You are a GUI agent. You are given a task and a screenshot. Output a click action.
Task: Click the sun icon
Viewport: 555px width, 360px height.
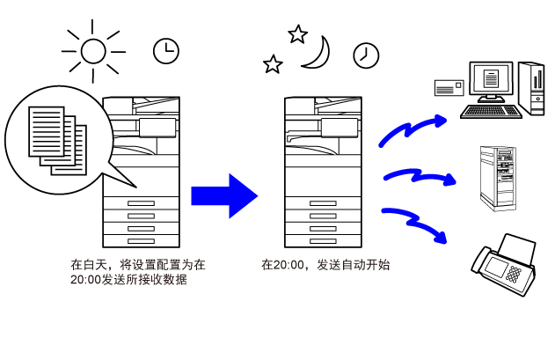click(93, 51)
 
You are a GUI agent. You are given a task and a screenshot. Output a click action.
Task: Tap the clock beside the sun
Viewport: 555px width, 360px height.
click(166, 51)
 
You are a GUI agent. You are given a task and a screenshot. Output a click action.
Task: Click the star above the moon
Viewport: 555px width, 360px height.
click(297, 34)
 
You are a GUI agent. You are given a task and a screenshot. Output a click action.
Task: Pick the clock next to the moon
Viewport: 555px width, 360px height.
click(366, 55)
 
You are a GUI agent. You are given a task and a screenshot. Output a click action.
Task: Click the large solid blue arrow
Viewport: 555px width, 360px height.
click(224, 196)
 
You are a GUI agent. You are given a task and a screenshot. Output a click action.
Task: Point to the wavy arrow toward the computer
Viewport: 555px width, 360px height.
click(413, 129)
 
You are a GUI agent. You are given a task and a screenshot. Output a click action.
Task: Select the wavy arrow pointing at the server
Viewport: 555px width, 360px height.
click(420, 176)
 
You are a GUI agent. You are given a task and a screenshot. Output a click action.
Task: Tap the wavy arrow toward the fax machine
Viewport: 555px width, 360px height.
click(414, 224)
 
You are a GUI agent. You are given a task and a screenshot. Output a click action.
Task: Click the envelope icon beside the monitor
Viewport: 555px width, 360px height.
click(449, 87)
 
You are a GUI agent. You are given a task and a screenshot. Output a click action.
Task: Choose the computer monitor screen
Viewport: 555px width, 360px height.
click(491, 78)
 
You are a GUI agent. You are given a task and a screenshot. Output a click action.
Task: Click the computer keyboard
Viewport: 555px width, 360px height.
click(491, 111)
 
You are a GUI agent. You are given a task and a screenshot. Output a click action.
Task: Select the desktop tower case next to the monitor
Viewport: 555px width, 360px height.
click(531, 89)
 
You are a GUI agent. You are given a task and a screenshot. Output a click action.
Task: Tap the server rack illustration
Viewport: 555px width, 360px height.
click(498, 178)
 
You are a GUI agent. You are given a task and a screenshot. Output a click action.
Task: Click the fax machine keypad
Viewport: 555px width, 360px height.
click(514, 275)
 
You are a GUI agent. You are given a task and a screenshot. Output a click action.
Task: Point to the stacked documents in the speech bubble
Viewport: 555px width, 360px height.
click(58, 141)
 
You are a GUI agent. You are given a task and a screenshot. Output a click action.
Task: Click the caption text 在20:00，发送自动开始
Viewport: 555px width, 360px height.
click(325, 265)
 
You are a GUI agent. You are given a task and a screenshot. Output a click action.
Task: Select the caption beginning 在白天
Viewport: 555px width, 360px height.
click(138, 272)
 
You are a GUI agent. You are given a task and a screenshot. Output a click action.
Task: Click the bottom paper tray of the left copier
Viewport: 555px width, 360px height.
click(141, 241)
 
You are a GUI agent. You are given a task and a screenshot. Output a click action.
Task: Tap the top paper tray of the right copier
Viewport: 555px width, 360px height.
click(323, 203)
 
